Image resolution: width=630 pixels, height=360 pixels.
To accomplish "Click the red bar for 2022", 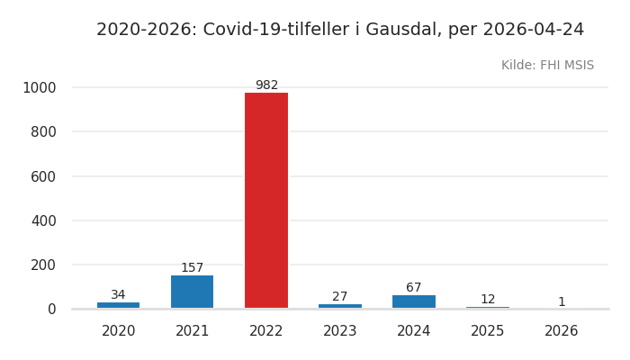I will click(266, 200).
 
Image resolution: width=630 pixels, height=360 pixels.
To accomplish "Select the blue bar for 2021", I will click(193, 292).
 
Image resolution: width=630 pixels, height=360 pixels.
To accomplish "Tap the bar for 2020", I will click(119, 305).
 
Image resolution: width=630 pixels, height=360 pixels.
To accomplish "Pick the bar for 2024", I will click(414, 301).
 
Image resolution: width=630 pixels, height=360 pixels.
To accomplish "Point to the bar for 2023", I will click(340, 306).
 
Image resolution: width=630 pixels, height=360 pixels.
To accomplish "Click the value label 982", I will click(266, 85).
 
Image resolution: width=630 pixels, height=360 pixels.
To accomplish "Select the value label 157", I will click(193, 268).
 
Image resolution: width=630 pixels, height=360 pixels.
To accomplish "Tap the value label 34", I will click(119, 295).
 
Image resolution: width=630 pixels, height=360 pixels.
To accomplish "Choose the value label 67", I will click(414, 288).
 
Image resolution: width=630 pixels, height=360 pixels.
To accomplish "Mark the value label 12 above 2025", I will click(488, 300).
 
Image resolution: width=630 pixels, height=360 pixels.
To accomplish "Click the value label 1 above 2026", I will click(562, 302).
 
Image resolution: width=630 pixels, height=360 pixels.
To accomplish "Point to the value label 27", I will click(340, 297).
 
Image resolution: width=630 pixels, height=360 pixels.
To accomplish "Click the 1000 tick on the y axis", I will click(39, 87).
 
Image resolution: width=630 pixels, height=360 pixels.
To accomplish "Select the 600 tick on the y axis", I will click(43, 176).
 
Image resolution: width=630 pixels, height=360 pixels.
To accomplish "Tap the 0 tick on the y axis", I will click(51, 309).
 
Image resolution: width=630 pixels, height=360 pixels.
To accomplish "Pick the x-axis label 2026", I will click(562, 331).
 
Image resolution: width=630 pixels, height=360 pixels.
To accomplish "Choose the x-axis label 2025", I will click(488, 331).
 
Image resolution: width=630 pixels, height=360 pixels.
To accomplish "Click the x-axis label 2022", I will click(266, 331).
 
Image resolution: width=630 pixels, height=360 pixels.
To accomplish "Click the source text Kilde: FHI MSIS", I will click(547, 66).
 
